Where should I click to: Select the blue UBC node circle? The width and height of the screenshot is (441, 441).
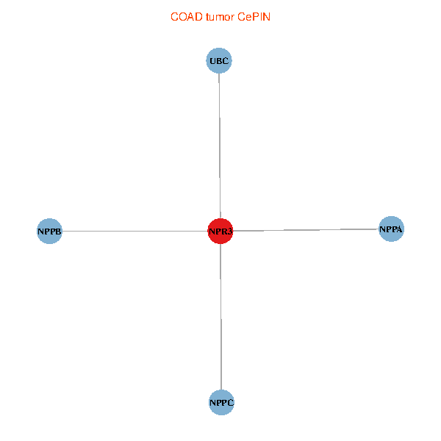219,61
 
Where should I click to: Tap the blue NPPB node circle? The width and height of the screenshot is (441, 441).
49,232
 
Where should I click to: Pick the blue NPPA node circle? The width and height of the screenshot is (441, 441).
391,229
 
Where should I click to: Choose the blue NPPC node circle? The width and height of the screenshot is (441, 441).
221,402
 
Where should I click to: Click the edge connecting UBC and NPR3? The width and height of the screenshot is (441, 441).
220,147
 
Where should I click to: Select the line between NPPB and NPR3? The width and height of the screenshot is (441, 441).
132,232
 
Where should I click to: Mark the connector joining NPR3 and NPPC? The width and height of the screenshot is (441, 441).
220,316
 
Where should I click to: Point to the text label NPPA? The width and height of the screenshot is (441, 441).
391,230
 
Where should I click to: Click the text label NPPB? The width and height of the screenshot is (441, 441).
49,232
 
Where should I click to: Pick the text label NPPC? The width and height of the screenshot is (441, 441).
221,403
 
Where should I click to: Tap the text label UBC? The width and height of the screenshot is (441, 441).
219,62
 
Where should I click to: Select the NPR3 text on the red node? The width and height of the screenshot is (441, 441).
220,232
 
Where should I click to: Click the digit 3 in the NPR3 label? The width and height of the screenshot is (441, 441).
229,232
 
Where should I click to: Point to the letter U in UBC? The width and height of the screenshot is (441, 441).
212,62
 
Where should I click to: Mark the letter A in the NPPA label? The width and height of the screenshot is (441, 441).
399,230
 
